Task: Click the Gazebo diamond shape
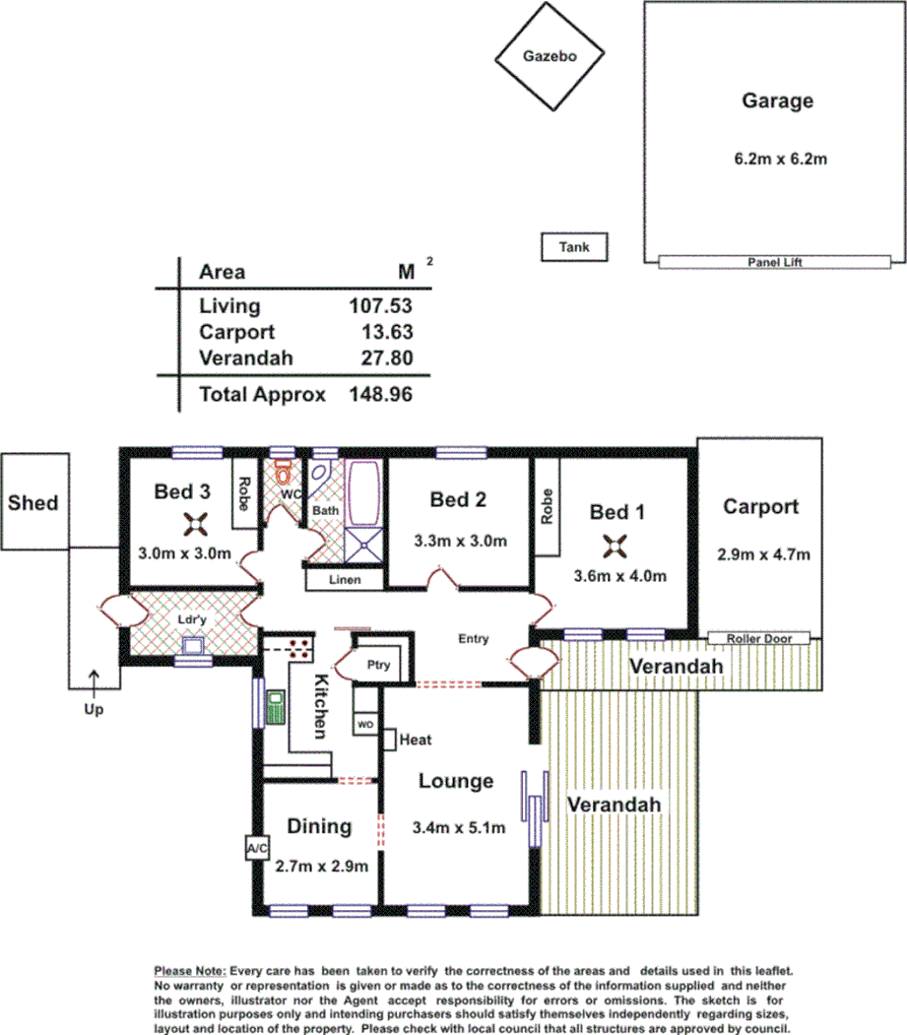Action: (549, 57)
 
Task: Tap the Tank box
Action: (574, 247)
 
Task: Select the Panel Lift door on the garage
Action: (775, 262)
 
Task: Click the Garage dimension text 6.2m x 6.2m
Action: (777, 158)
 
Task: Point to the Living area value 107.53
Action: (380, 305)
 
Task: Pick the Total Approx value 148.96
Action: (380, 395)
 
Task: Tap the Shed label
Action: (33, 503)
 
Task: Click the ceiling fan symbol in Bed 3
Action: (195, 523)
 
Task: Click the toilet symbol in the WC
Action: (284, 467)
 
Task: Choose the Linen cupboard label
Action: (344, 580)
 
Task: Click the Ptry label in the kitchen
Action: (378, 665)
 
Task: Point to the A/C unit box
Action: (255, 847)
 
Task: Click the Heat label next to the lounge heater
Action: (417, 739)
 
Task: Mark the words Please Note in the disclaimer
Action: (189, 970)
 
